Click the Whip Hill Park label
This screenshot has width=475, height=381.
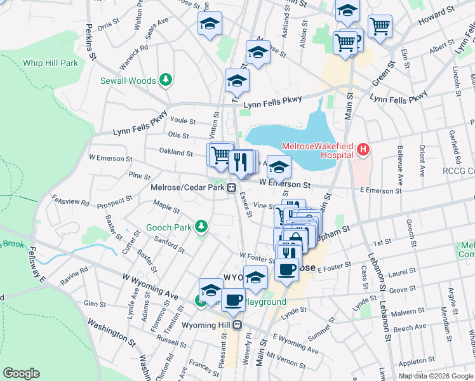[x=50, y=63]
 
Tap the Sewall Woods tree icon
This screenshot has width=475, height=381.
[x=166, y=79]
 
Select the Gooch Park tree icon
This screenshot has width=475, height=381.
[x=201, y=226]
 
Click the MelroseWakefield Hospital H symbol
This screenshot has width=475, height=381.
[x=363, y=150]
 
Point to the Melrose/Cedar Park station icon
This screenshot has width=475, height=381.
[x=233, y=187]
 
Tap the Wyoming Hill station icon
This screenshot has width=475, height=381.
[x=237, y=324]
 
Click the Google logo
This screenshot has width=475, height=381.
[x=21, y=373]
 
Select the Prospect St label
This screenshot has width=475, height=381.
[x=114, y=201]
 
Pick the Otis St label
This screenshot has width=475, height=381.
[x=178, y=135]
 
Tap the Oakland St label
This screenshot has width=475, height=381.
[x=176, y=152]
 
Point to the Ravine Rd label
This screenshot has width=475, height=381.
[x=74, y=275]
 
